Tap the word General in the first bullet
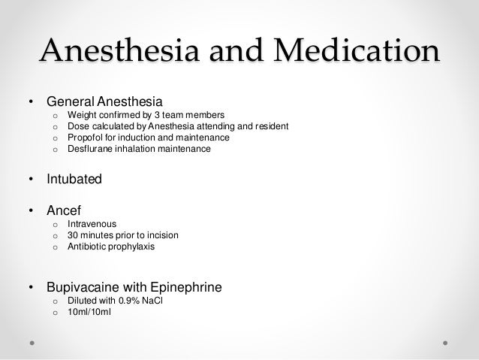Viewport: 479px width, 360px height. pos(70,100)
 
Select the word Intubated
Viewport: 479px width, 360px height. pos(74,180)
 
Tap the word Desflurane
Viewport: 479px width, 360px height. pos(90,150)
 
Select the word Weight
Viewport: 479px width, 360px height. pos(81,115)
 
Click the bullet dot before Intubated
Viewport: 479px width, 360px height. pos(31,181)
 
